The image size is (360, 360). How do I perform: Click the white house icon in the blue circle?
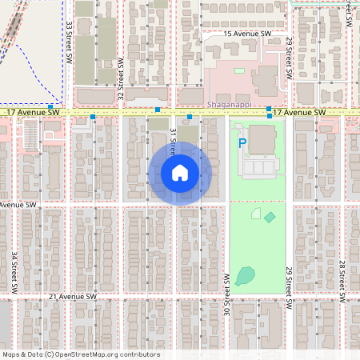(180, 173)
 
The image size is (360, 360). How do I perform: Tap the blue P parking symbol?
(242, 143)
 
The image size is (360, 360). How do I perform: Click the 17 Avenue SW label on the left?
(33, 114)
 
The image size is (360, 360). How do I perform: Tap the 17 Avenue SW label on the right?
(299, 114)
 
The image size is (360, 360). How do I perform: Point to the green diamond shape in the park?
(270, 217)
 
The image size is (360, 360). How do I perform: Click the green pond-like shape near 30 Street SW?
(246, 276)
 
